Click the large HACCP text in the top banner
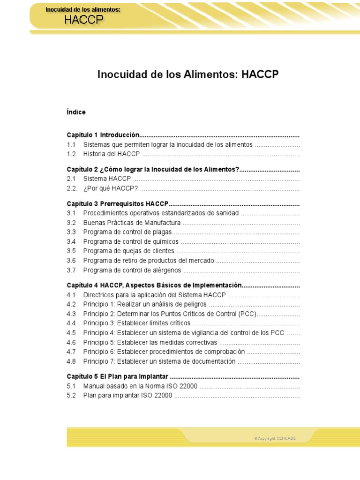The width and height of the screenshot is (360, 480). [x=84, y=20]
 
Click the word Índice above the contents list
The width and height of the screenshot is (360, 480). [x=76, y=112]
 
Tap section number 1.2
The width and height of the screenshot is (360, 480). [x=71, y=154]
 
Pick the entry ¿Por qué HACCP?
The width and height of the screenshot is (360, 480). [x=111, y=189]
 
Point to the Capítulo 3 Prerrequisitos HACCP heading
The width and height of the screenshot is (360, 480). [x=117, y=204]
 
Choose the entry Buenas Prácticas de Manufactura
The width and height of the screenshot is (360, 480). [x=132, y=223]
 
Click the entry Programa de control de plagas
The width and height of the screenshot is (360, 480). [x=127, y=232]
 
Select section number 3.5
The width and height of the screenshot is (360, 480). [x=71, y=251]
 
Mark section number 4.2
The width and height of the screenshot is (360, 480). [x=71, y=304]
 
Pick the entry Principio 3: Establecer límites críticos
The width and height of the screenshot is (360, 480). [x=137, y=323]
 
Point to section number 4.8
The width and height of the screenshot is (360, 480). [x=71, y=361]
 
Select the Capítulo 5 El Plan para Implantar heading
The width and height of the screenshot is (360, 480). [x=118, y=377]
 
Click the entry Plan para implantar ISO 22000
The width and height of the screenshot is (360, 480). [x=127, y=395]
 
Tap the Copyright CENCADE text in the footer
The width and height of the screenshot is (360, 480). [x=275, y=438]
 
